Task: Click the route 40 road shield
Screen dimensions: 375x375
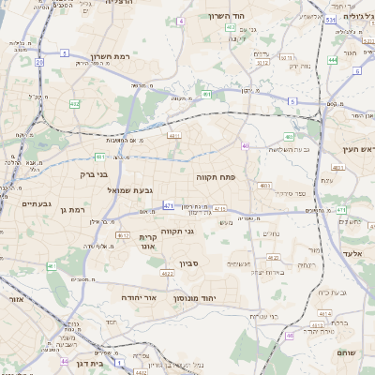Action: point(245,145)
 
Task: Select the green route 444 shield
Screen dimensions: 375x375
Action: point(333,60)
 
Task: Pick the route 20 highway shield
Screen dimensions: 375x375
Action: point(39,61)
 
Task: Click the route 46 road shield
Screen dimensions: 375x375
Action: point(290,335)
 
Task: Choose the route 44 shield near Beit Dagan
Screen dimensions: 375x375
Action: point(64,360)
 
